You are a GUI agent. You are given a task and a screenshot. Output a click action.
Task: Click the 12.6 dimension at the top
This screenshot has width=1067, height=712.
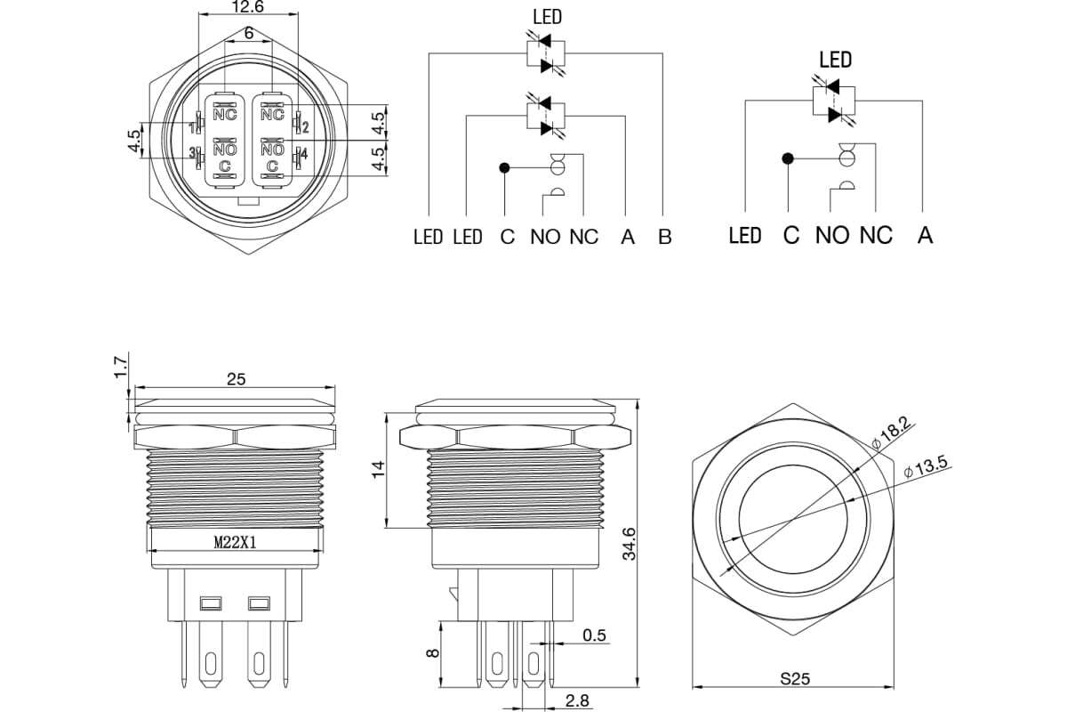[x=247, y=7]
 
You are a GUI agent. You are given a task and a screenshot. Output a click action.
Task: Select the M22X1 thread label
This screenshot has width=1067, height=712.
[x=236, y=542]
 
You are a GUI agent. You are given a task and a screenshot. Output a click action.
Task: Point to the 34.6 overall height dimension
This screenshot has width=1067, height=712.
[x=630, y=544]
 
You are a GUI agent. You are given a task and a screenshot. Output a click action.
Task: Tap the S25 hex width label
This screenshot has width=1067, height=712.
[x=795, y=678]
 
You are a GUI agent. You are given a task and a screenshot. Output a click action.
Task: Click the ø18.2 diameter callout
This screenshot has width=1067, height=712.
[x=891, y=433]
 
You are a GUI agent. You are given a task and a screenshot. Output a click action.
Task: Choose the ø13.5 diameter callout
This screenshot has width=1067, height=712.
[x=926, y=467]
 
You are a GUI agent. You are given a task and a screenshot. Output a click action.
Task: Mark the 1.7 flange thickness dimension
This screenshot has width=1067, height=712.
[x=121, y=367]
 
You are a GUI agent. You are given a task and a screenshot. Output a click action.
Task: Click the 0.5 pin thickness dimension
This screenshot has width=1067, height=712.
[x=595, y=635]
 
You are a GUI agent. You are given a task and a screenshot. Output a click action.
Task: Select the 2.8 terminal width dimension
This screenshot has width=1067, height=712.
[x=577, y=700]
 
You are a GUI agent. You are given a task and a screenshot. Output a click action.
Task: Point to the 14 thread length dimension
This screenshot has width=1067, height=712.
[x=378, y=469]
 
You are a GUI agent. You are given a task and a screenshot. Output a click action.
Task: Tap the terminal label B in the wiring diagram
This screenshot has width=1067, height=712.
[x=665, y=237]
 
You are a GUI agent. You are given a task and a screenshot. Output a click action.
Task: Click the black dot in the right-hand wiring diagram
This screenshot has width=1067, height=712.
[x=788, y=158]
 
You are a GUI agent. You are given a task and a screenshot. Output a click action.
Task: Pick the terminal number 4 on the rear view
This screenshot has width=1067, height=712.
[x=304, y=155]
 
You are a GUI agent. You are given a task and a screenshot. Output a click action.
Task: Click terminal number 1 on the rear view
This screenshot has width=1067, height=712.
[x=192, y=128]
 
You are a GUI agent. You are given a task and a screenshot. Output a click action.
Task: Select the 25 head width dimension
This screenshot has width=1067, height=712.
[x=236, y=379]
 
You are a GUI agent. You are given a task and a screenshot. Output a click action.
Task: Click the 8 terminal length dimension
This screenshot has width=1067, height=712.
[x=432, y=653]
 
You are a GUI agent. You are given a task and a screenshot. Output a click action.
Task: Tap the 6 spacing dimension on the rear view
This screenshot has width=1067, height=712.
[x=248, y=34]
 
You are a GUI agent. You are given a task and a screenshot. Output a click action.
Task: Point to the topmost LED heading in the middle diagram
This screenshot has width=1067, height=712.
[x=548, y=17]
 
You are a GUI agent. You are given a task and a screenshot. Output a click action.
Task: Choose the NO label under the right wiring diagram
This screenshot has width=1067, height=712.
[x=832, y=235]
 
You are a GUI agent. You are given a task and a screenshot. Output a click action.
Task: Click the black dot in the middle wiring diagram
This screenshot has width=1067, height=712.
[x=504, y=168]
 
